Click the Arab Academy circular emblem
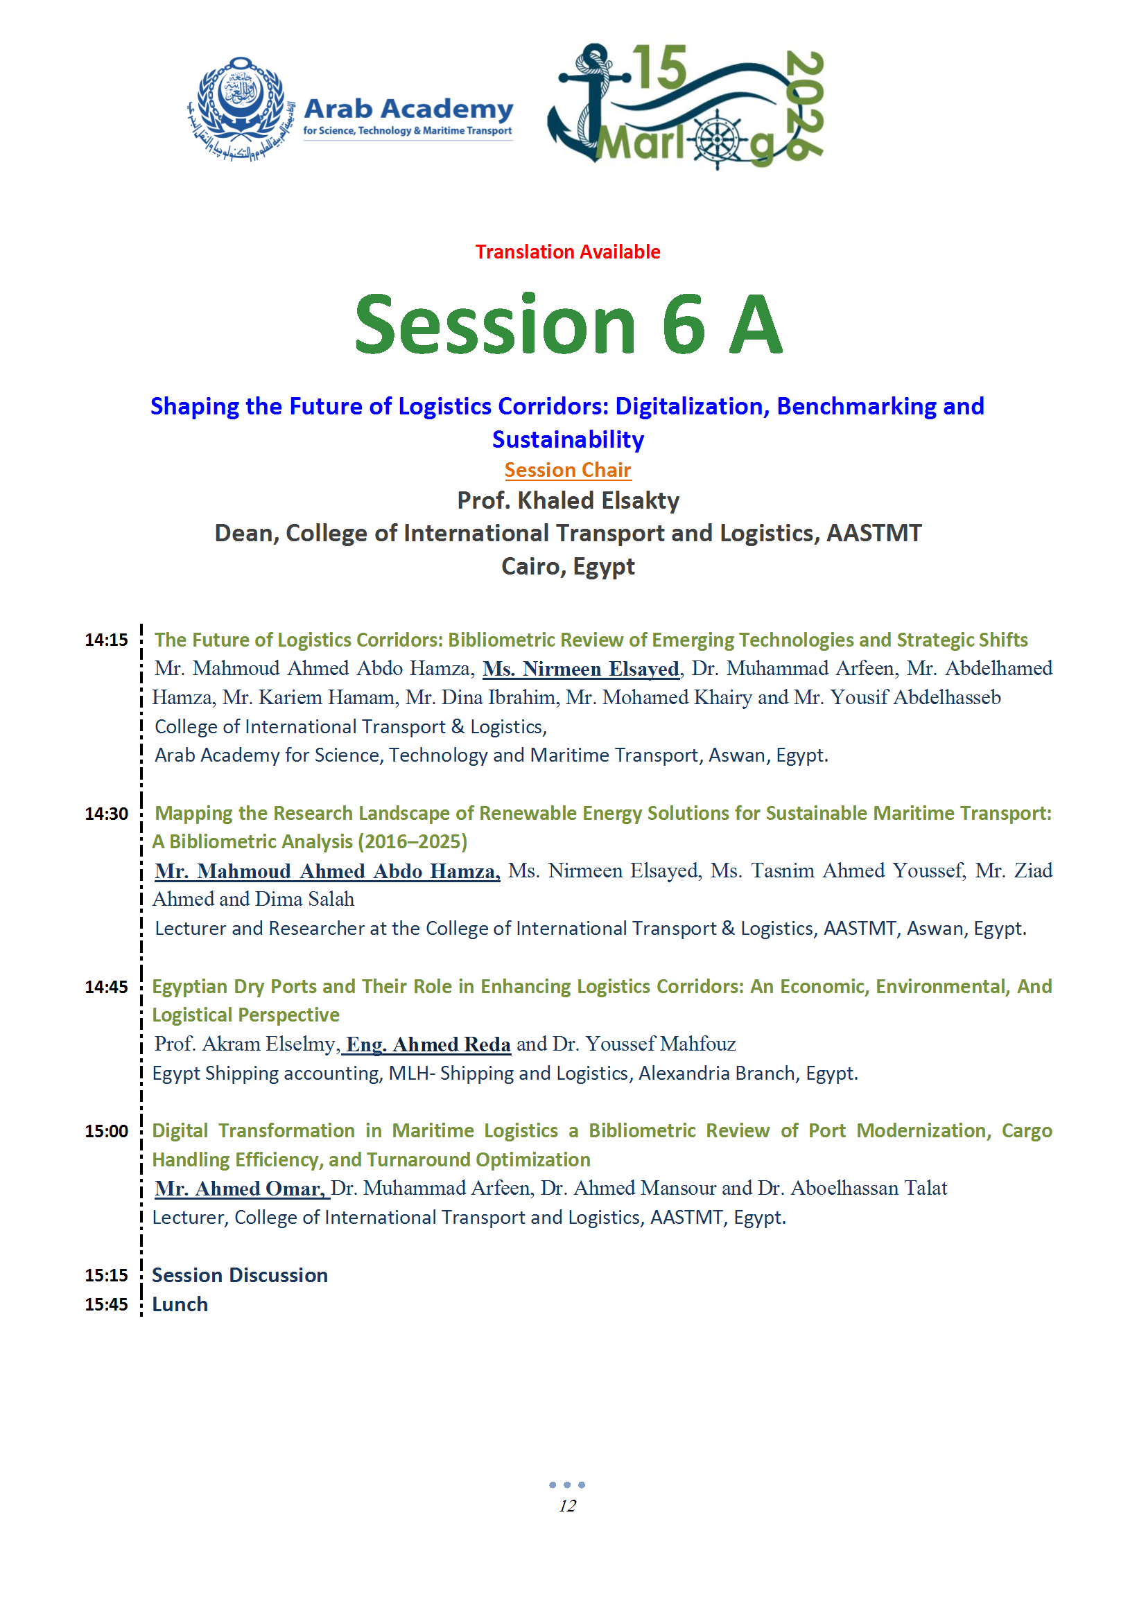tap(241, 107)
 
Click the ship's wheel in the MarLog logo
tap(718, 139)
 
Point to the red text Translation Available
tap(568, 252)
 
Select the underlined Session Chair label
tap(568, 470)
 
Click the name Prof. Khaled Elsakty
tap(568, 500)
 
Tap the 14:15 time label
tap(107, 640)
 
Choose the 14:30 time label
tap(107, 814)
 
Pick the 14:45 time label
tap(107, 987)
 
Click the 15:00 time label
tap(107, 1132)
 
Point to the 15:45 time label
tap(107, 1305)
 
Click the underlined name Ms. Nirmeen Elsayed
tap(581, 669)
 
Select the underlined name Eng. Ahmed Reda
tap(427, 1044)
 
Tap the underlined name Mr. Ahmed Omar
tap(240, 1189)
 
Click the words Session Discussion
tap(240, 1276)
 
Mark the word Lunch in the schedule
tap(180, 1305)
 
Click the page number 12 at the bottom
tap(567, 1506)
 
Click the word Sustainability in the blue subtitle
tap(568, 440)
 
